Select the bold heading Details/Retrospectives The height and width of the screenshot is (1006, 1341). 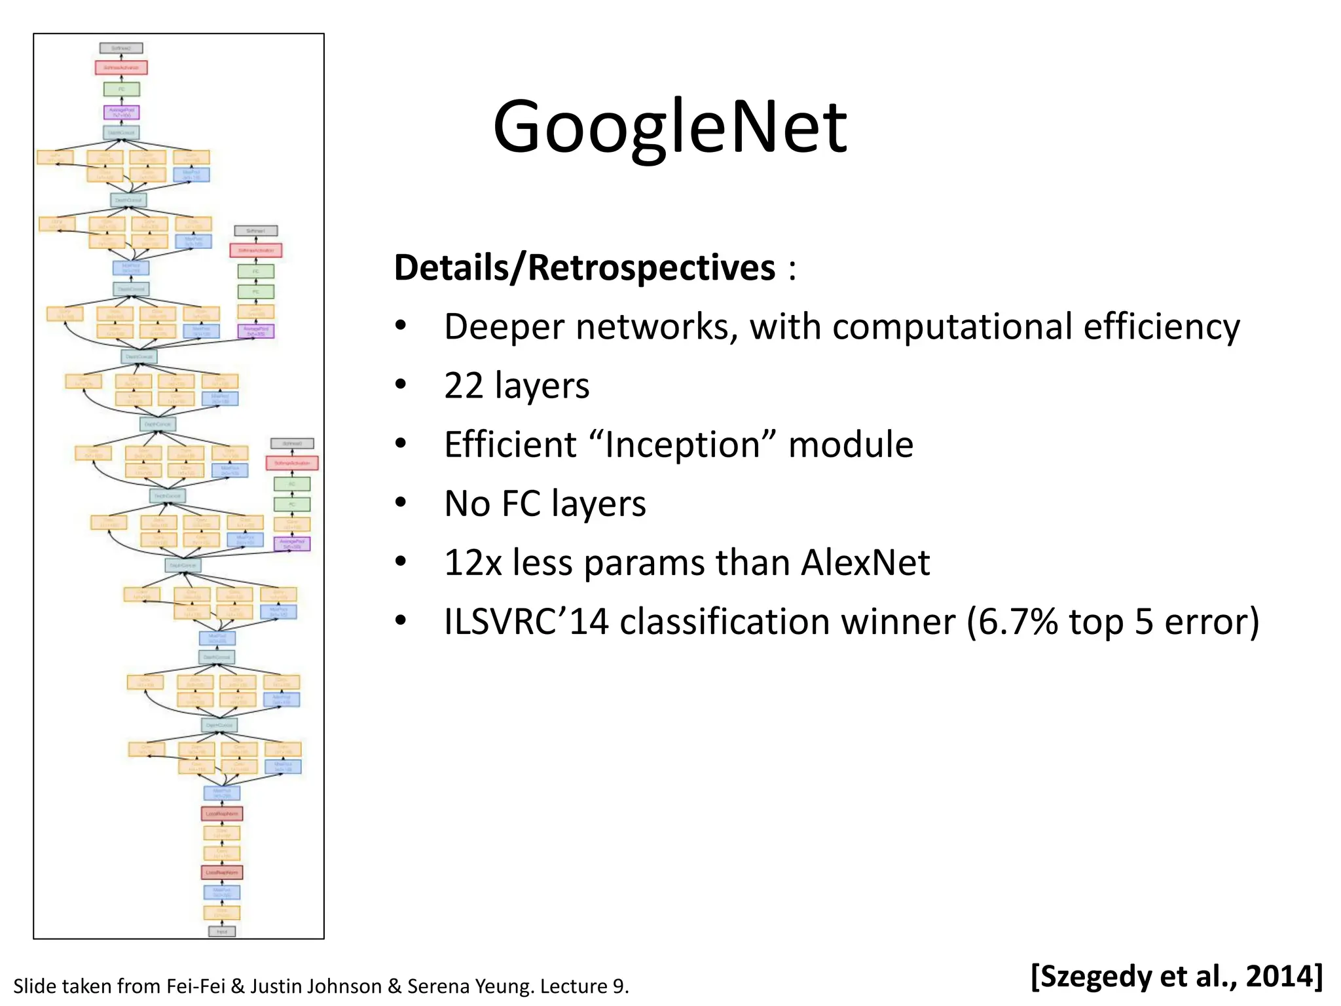585,268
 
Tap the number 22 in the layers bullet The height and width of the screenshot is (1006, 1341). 464,385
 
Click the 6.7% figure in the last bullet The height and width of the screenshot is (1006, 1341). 1018,622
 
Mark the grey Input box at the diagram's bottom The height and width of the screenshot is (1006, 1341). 222,931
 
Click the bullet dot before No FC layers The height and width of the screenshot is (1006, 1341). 401,503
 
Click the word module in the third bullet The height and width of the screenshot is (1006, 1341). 851,445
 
